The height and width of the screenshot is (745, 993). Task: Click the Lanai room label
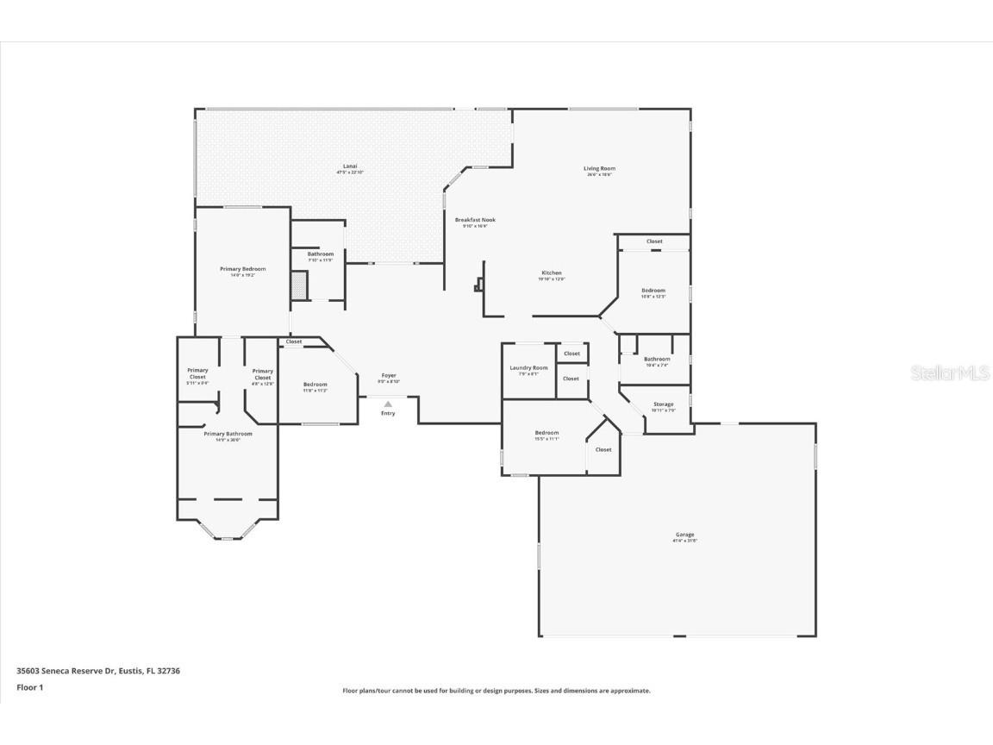tap(350, 166)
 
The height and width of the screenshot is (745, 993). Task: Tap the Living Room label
tap(599, 169)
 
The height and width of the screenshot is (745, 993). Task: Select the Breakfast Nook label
tap(475, 220)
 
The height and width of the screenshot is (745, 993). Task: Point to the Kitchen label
tap(551, 273)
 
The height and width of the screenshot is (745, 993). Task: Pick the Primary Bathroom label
tap(228, 434)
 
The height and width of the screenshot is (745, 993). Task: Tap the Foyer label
tap(389, 375)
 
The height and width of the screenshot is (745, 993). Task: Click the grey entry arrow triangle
tap(388, 404)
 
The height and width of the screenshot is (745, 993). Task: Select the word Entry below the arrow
tap(388, 413)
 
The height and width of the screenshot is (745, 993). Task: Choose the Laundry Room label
tap(528, 368)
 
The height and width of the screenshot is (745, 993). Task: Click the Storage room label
tap(663, 404)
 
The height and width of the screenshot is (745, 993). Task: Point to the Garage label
tap(684, 535)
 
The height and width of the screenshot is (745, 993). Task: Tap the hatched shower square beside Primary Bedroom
tap(299, 285)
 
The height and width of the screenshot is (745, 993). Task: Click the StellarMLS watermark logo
tap(952, 372)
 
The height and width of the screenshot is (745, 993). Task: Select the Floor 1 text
tap(29, 687)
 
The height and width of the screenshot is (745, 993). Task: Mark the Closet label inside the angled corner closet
tap(603, 449)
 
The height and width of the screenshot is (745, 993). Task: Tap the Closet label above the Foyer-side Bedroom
tap(294, 341)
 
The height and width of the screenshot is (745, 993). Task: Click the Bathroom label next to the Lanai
tap(320, 254)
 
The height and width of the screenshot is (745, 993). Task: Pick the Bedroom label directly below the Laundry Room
tap(546, 433)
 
